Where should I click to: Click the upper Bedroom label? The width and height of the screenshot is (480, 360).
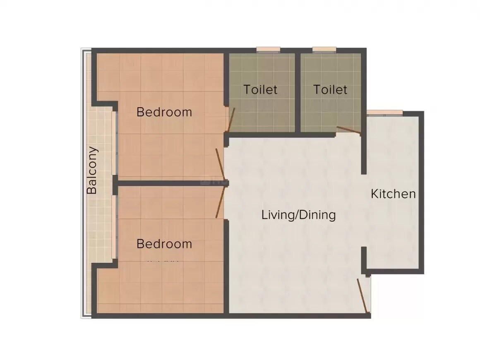[164, 112]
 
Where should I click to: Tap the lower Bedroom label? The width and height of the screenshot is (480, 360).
[164, 244]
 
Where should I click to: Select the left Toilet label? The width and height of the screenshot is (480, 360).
[260, 89]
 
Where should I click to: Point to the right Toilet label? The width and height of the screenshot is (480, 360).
[330, 89]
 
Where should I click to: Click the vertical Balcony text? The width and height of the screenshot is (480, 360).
[92, 170]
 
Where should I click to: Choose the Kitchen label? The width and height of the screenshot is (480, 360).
[393, 194]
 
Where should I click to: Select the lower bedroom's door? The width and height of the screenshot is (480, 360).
[220, 203]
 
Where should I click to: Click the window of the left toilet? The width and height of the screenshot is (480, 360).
[268, 50]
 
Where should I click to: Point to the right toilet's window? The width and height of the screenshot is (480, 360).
[324, 50]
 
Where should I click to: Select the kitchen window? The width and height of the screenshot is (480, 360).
[385, 113]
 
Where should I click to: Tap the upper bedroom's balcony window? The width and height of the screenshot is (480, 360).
[115, 143]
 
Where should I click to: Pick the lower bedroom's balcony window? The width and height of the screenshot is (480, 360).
[115, 226]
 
